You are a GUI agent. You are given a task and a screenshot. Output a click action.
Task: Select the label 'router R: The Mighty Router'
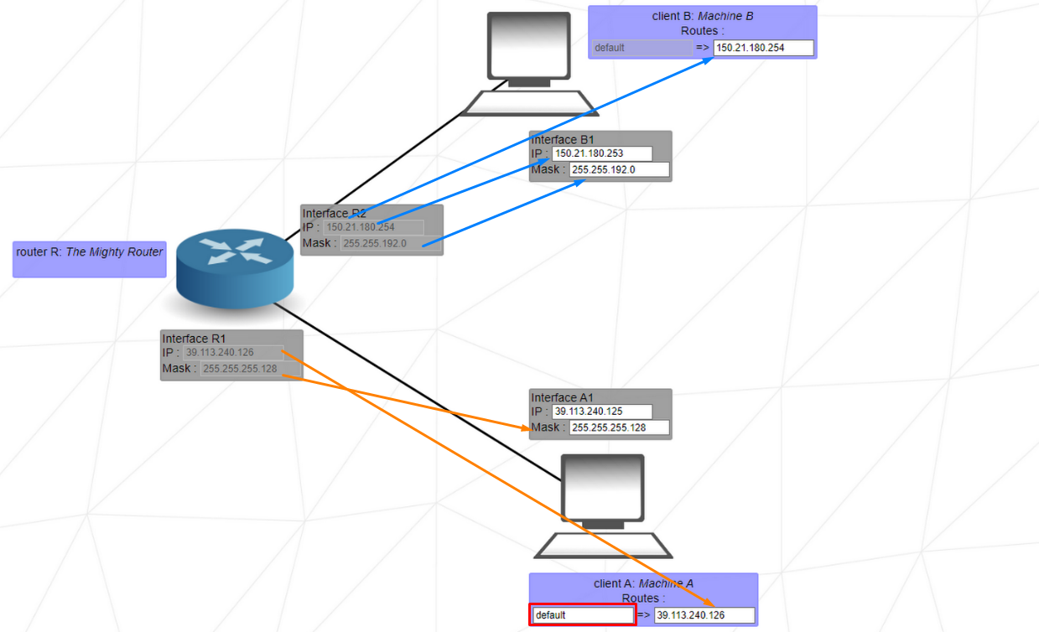[90, 251]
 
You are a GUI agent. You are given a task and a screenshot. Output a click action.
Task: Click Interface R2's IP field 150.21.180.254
[374, 227]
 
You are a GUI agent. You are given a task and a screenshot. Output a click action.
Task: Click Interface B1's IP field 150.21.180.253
[601, 153]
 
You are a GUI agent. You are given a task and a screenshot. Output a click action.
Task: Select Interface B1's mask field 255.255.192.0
[620, 170]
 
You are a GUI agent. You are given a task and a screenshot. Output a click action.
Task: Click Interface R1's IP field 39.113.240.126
[233, 352]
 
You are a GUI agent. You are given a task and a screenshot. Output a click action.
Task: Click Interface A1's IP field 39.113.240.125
[601, 412]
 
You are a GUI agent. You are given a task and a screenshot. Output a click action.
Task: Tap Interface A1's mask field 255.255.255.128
[620, 428]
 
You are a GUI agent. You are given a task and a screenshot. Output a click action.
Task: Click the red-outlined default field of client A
[582, 615]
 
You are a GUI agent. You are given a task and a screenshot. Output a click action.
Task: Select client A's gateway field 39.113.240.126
[704, 615]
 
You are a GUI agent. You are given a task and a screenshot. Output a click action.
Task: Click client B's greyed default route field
[642, 48]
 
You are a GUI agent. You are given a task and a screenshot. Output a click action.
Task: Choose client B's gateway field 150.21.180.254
[763, 48]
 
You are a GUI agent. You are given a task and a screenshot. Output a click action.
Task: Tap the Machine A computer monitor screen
[603, 487]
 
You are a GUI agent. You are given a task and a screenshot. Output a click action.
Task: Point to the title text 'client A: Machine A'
[643, 583]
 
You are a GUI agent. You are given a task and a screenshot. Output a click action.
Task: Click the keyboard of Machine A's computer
[604, 546]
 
